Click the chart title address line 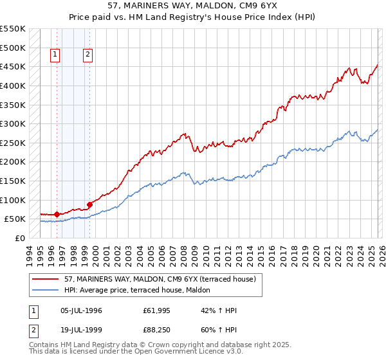click(x=193, y=5)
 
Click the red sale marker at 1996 click(x=57, y=214)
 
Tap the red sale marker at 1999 click(x=89, y=204)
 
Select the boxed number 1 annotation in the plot click(x=56, y=55)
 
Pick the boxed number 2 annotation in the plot click(x=87, y=55)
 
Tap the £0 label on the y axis click(x=21, y=238)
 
